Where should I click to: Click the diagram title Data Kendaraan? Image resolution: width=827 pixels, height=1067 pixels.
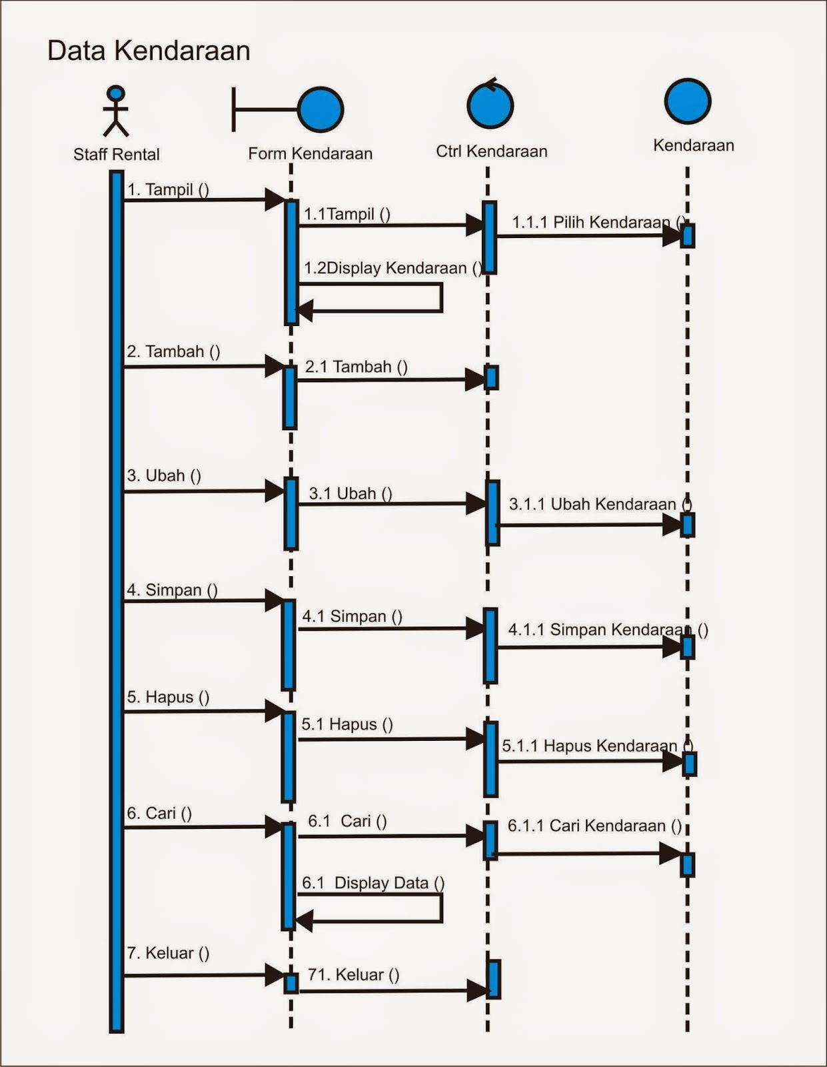pyautogui.click(x=149, y=51)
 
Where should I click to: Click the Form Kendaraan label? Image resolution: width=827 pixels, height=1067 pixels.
pyautogui.click(x=310, y=154)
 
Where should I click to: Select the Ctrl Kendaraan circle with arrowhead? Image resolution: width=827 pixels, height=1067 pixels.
pyautogui.click(x=490, y=105)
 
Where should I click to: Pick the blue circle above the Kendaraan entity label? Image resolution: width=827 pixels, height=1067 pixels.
pyautogui.click(x=688, y=101)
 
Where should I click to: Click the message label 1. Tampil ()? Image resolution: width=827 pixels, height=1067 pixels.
pyautogui.click(x=168, y=189)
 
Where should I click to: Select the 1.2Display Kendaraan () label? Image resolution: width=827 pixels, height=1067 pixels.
pyautogui.click(x=393, y=268)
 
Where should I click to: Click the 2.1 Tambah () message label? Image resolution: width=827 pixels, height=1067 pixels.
pyautogui.click(x=356, y=367)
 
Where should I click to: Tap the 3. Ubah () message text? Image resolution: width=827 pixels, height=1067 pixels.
pyautogui.click(x=164, y=475)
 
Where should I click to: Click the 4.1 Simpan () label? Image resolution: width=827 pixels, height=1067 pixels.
pyautogui.click(x=352, y=616)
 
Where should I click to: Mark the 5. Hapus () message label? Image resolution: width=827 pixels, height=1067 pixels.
pyautogui.click(x=168, y=698)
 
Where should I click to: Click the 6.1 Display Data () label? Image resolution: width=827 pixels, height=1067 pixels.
pyautogui.click(x=373, y=883)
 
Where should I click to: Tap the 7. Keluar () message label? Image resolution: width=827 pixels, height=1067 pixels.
pyautogui.click(x=168, y=953)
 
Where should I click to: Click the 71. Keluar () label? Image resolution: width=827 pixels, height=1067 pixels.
pyautogui.click(x=353, y=975)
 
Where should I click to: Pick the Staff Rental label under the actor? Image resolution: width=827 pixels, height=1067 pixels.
pyautogui.click(x=116, y=155)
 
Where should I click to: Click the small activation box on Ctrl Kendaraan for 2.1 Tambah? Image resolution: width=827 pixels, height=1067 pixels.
pyautogui.click(x=491, y=377)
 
